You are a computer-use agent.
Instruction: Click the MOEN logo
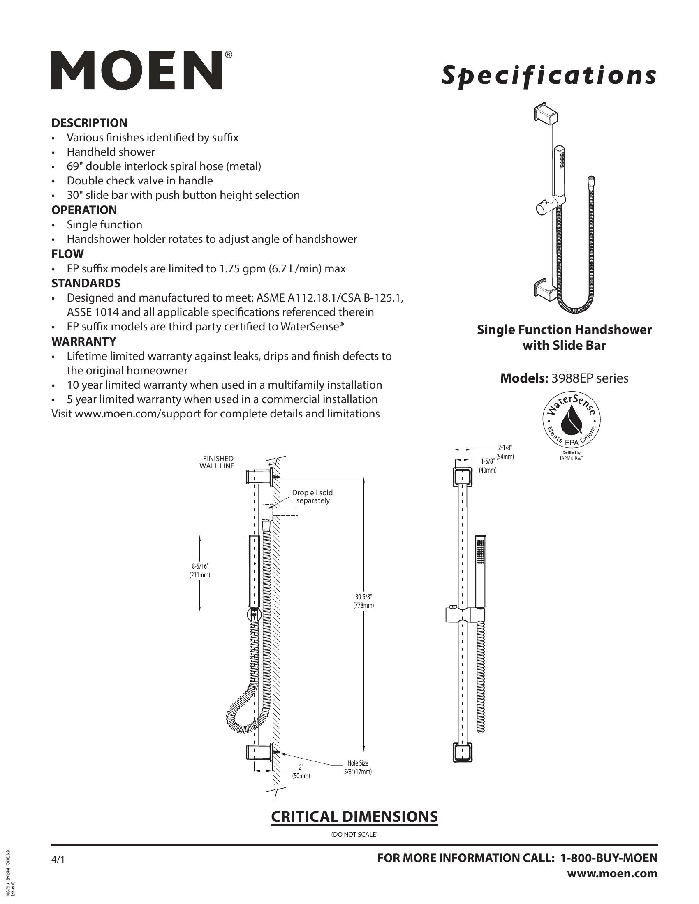point(137,70)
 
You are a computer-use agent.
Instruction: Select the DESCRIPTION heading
point(89,123)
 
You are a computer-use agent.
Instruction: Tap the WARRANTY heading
point(83,341)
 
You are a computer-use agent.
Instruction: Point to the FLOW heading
point(67,254)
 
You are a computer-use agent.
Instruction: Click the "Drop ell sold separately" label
point(312,496)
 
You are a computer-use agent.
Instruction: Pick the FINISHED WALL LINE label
point(217,462)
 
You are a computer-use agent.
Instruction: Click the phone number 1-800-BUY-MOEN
point(608,858)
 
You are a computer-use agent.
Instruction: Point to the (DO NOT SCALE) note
point(354,834)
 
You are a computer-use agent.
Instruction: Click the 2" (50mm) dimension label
point(301,773)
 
